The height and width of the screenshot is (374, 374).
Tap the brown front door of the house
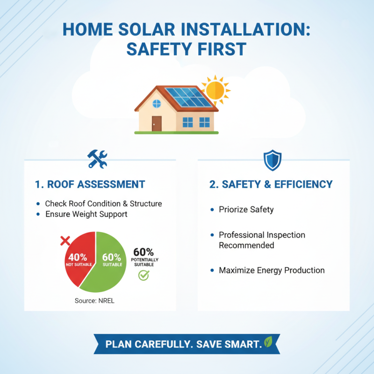click(x=157, y=123)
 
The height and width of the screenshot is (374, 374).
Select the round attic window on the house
click(x=156, y=104)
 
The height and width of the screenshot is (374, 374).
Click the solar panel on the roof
click(x=187, y=97)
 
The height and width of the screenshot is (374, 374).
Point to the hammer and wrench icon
click(x=98, y=158)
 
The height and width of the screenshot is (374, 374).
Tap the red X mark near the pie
click(x=65, y=241)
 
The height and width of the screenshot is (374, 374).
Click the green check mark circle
click(x=144, y=275)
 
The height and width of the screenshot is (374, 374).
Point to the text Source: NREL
click(x=94, y=301)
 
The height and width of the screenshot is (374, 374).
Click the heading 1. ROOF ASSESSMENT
click(x=90, y=184)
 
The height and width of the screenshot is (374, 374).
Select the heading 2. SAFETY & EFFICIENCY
click(x=271, y=184)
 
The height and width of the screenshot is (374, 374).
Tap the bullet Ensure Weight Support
click(x=86, y=214)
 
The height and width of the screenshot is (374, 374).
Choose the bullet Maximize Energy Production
click(x=272, y=270)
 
